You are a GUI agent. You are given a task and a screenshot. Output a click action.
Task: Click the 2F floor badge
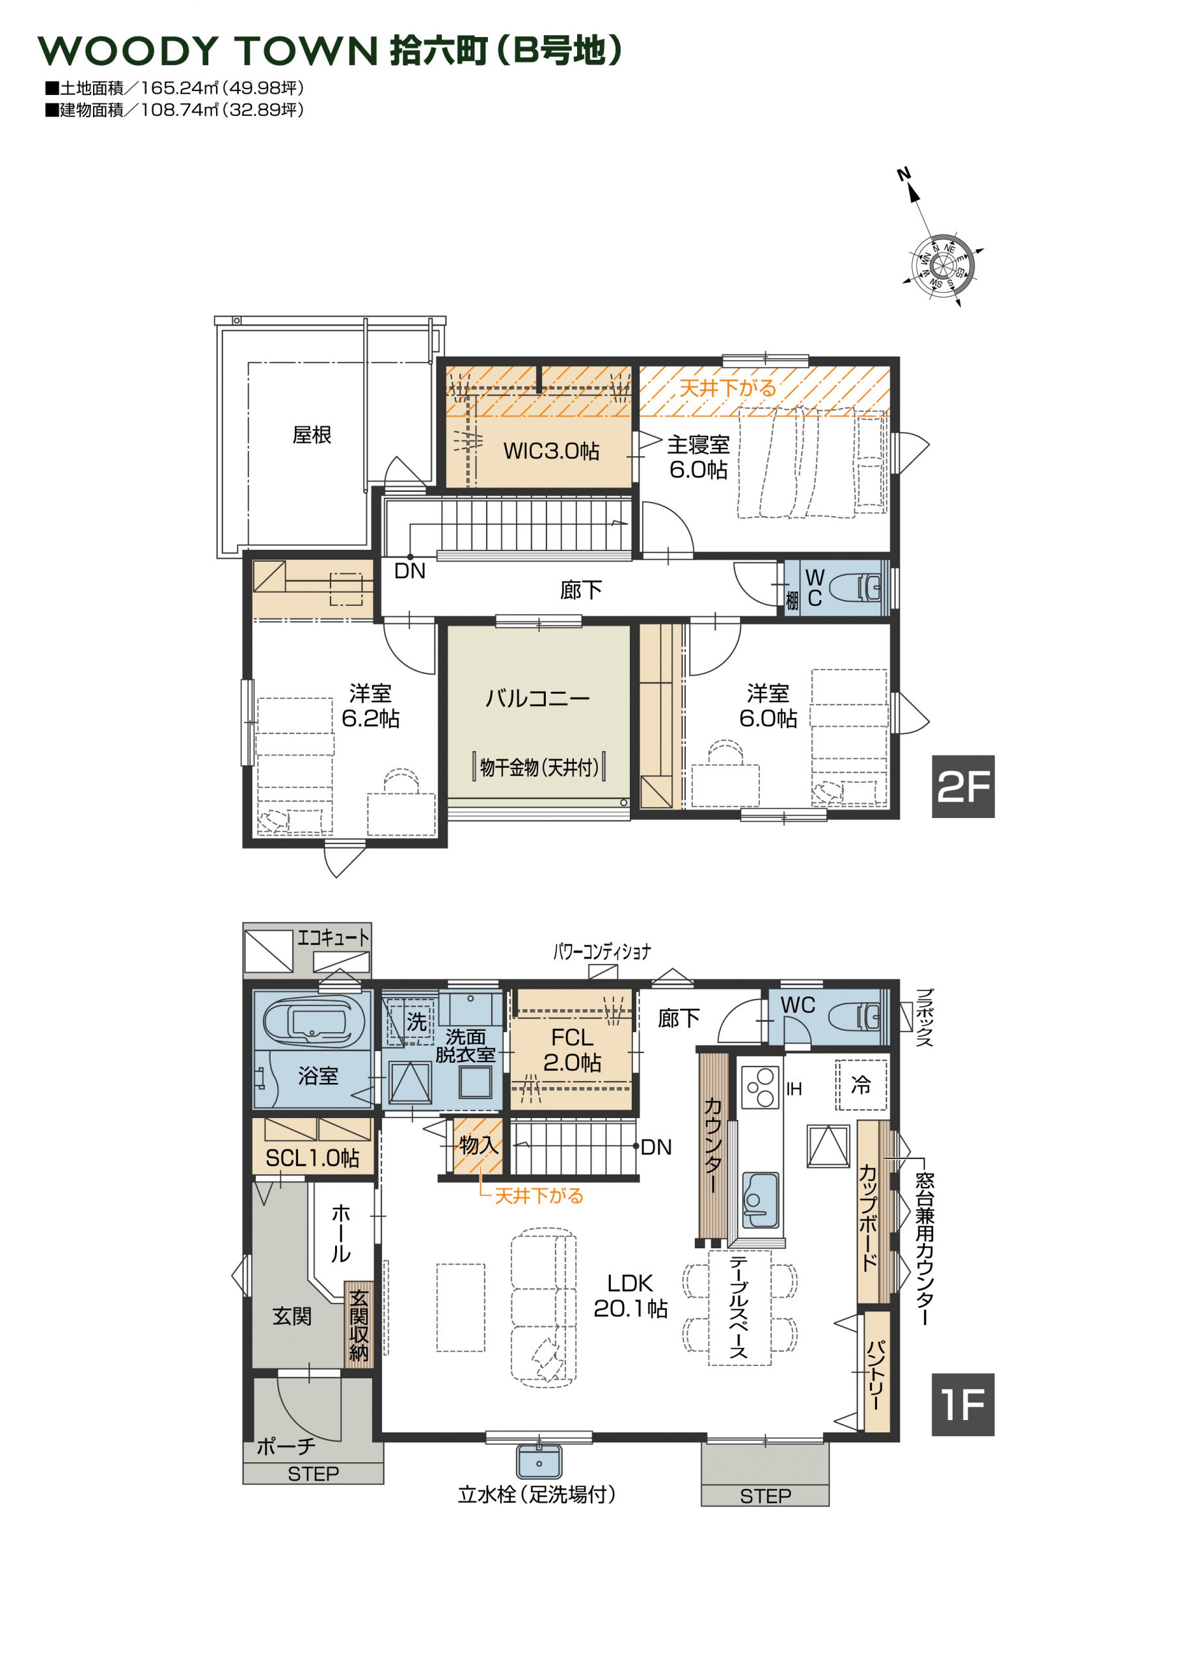click(962, 787)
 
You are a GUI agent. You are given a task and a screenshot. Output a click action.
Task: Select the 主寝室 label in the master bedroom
click(698, 444)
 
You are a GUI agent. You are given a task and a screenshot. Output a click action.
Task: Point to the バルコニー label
click(537, 698)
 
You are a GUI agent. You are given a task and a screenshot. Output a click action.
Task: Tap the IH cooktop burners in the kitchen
click(761, 1087)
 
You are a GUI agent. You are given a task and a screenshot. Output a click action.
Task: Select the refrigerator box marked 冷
click(861, 1085)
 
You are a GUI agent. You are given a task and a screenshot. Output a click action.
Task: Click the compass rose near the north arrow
click(942, 266)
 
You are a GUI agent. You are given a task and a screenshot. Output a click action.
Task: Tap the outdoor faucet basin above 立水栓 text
click(539, 1460)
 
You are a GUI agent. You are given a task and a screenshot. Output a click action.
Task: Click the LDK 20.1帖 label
click(630, 1295)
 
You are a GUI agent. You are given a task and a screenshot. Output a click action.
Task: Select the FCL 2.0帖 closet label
click(572, 1049)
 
